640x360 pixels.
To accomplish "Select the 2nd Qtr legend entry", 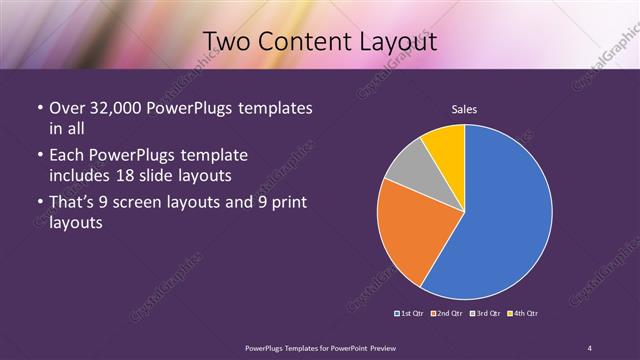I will [447, 314].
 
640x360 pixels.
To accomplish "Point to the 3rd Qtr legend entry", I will [484, 314].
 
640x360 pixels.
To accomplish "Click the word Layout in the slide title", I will [394, 42].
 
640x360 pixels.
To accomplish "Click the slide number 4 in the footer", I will [589, 347].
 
